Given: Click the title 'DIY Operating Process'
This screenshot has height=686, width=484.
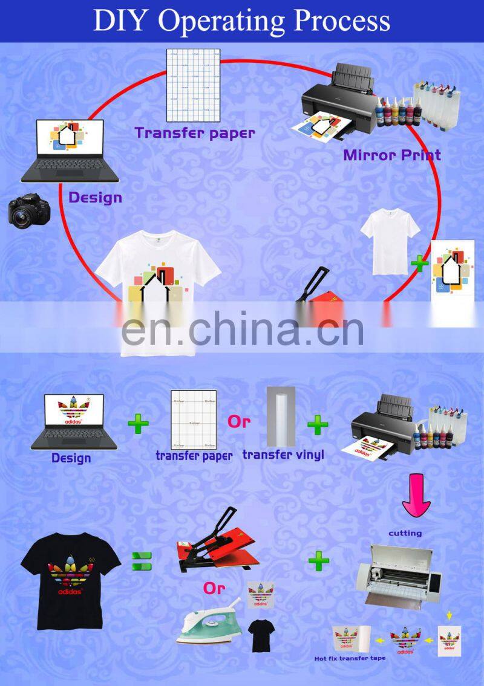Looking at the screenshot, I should click(x=241, y=21).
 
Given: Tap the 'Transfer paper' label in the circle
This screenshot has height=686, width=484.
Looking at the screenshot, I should click(x=194, y=132).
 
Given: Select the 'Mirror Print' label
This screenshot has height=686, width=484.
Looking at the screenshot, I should click(x=392, y=155).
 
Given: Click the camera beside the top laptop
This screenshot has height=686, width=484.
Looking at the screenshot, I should click(x=28, y=210).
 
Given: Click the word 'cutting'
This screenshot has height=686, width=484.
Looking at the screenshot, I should click(x=405, y=533).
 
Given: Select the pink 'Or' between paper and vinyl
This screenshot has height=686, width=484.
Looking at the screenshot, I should click(x=238, y=422).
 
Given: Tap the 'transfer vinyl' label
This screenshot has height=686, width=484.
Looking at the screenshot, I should click(x=283, y=455).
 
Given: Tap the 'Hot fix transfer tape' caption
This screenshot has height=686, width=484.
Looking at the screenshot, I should click(x=349, y=658).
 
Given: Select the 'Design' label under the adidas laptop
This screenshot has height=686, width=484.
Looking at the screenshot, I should click(x=71, y=458).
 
